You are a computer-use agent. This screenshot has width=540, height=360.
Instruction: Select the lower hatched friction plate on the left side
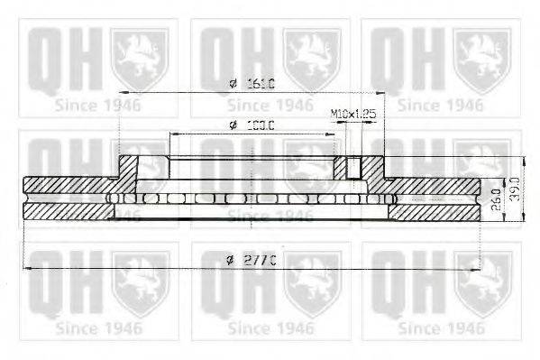click(69, 211)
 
